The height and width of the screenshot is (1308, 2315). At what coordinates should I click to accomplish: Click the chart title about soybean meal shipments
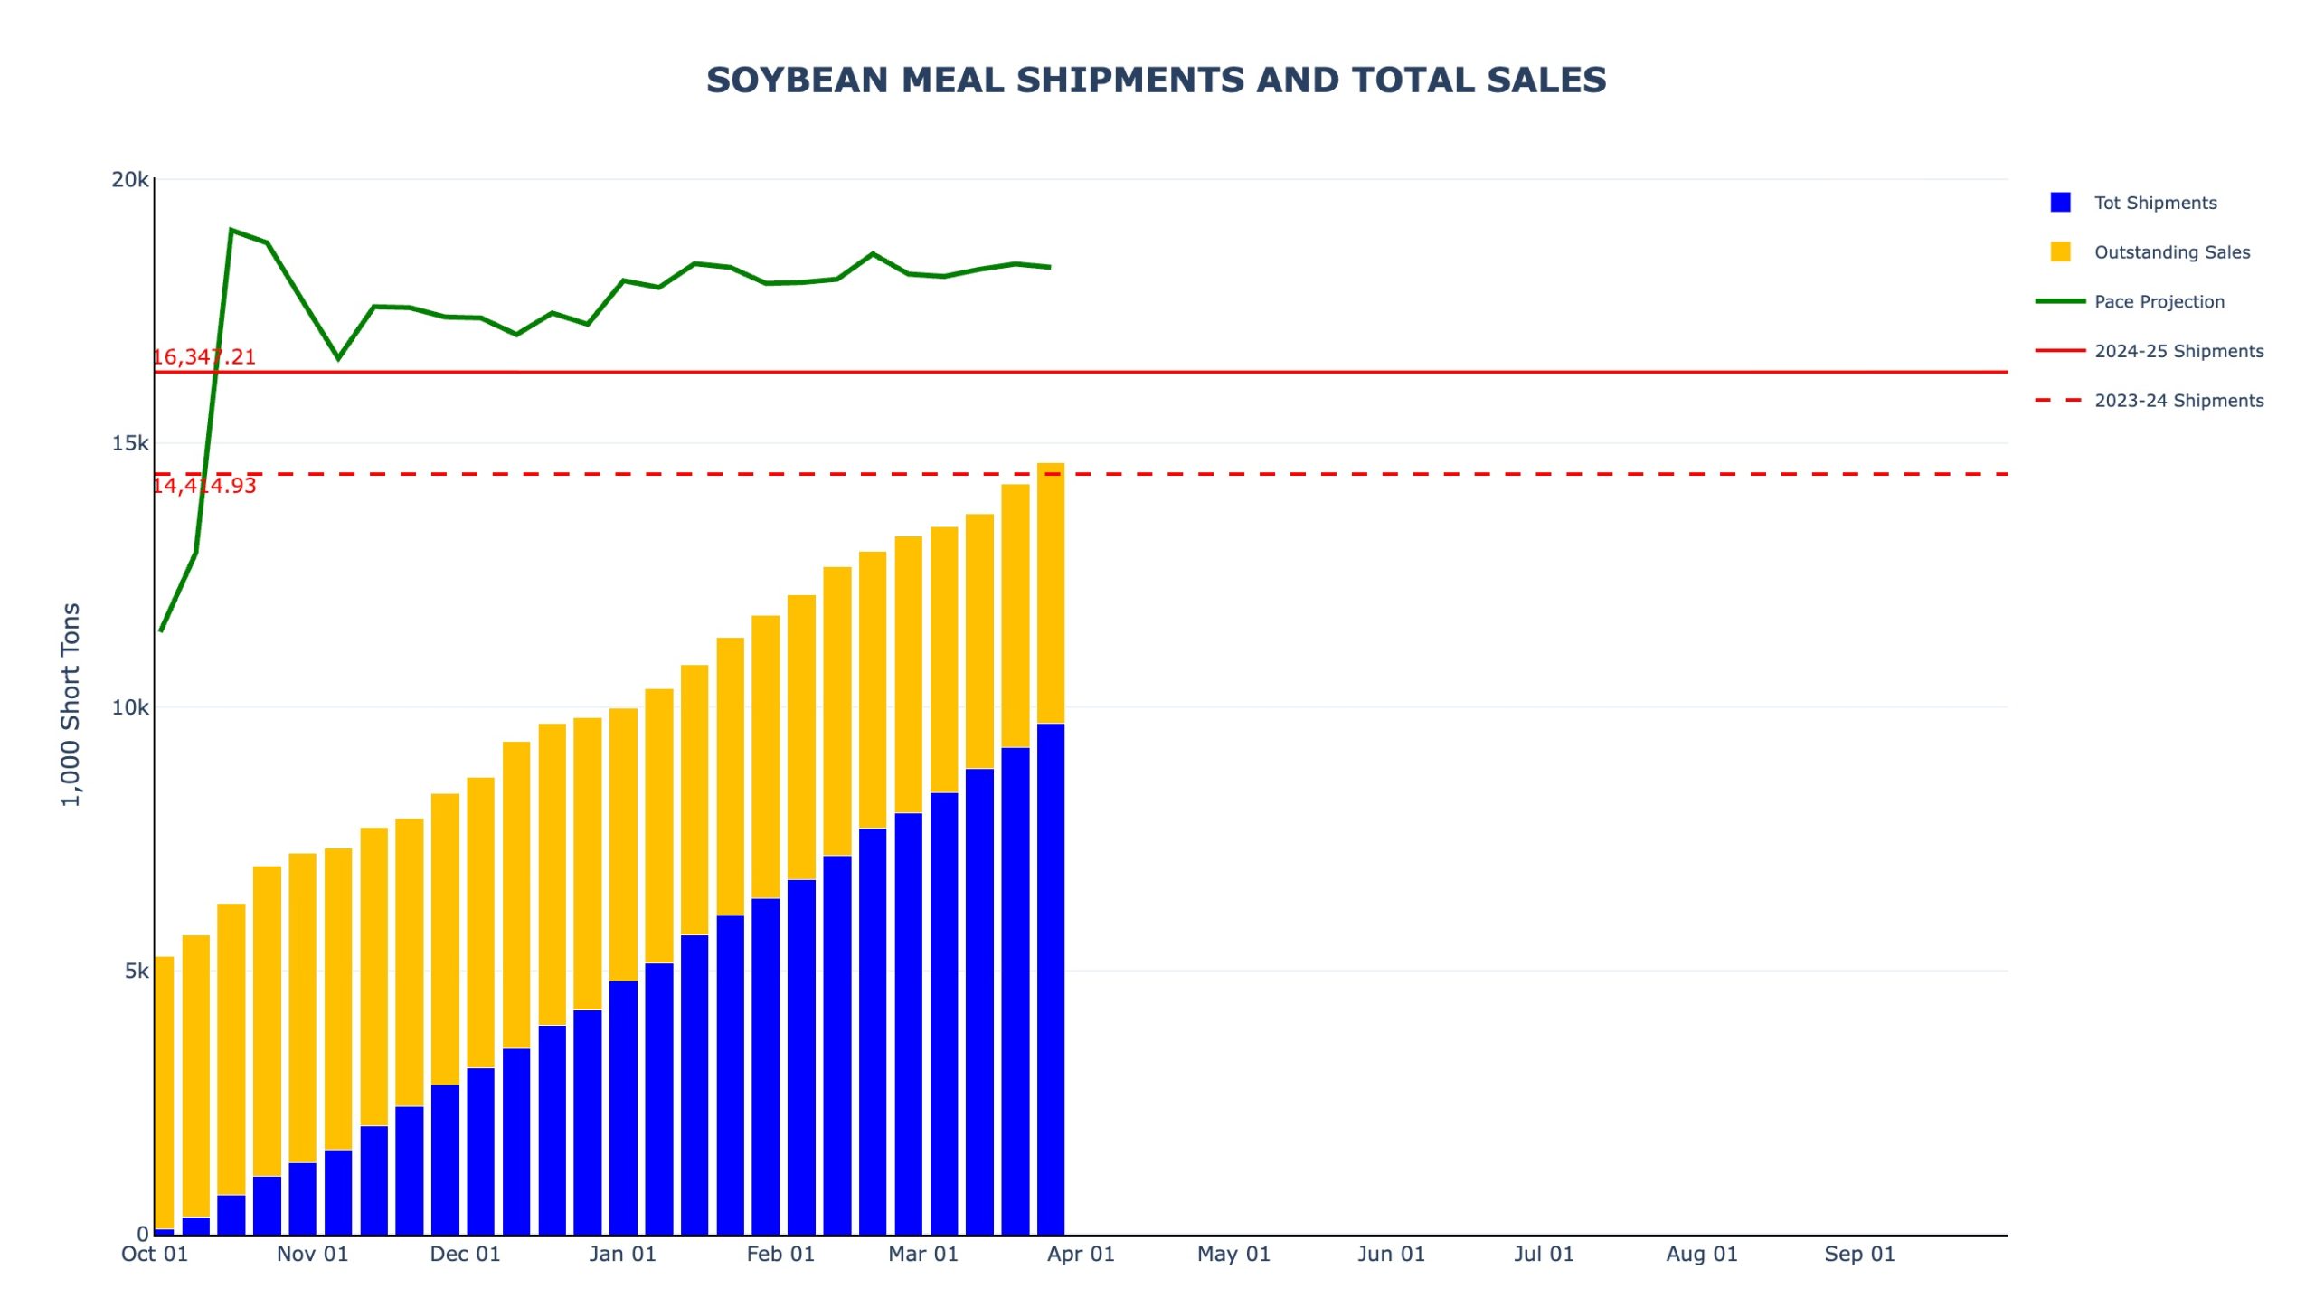point(1156,81)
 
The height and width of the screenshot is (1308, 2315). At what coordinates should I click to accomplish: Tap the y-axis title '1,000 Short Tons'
point(71,704)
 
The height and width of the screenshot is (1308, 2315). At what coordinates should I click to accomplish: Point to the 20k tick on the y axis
point(130,180)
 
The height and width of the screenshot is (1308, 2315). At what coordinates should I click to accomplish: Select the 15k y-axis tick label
point(130,443)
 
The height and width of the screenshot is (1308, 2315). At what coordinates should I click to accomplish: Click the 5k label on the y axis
point(137,972)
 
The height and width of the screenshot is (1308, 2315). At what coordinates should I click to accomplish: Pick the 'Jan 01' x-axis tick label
point(622,1255)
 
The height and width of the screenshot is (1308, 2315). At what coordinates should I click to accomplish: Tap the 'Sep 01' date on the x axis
point(1859,1255)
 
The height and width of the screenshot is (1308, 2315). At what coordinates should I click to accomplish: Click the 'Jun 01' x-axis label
point(1391,1255)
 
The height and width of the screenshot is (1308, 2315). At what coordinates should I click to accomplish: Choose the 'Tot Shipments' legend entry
point(2155,203)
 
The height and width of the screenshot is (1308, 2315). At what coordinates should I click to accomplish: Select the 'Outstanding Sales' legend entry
point(2171,252)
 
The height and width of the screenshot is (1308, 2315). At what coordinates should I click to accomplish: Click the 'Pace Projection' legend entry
point(2159,302)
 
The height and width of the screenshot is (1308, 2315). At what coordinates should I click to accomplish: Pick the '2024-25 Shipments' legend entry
point(2178,351)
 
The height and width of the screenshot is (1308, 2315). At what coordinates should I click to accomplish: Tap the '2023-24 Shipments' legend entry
point(2178,401)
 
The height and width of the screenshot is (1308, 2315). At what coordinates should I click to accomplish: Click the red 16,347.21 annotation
point(204,357)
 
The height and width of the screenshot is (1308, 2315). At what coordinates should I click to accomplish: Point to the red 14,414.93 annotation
point(204,486)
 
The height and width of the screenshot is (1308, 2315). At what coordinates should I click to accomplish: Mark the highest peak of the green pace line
point(231,230)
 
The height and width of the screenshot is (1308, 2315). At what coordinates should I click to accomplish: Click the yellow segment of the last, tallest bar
point(1051,592)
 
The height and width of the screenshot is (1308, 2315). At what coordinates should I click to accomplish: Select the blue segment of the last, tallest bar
point(1051,977)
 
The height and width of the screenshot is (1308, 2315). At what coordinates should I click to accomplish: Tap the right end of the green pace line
point(1050,268)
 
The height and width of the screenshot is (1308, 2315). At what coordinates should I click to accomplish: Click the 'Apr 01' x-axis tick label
point(1081,1255)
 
